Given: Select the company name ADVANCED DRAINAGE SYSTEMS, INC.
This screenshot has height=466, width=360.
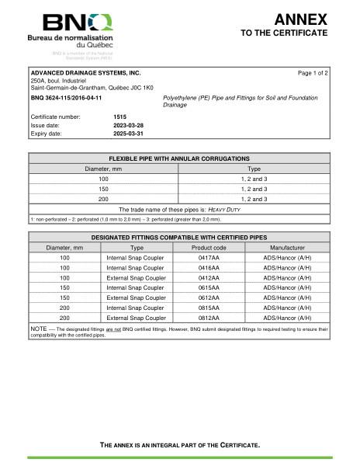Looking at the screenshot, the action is point(85,72).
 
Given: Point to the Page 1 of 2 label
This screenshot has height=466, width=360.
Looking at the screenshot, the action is point(313,72).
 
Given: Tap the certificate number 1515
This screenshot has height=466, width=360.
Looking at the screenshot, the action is point(120,116).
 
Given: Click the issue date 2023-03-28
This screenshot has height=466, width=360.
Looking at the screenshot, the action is point(129,124).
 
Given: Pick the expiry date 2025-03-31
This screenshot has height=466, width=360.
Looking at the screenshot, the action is point(129,133).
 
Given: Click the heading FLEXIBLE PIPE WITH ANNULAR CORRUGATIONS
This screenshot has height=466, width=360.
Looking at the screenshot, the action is point(179,158).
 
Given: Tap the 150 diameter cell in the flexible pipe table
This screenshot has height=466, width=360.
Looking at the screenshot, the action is point(103,189).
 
